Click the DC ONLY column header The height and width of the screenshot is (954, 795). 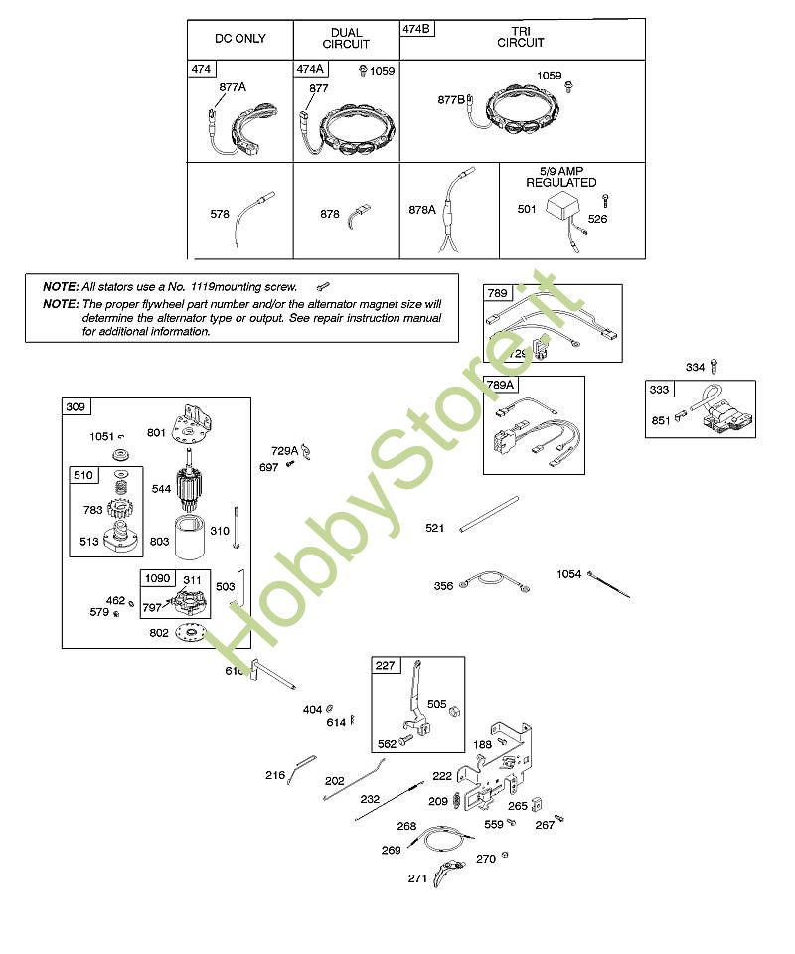[x=239, y=39]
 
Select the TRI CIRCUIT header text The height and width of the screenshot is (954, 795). [x=521, y=38]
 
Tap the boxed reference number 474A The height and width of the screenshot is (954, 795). [x=310, y=69]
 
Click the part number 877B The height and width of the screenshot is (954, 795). [x=451, y=99]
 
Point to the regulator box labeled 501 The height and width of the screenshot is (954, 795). [x=562, y=210]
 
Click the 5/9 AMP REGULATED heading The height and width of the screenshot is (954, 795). [x=560, y=177]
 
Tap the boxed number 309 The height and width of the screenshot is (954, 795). [x=76, y=406]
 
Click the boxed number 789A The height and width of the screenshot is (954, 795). [x=500, y=385]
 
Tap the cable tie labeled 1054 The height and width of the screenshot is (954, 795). [x=608, y=586]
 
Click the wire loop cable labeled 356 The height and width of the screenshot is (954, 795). [x=492, y=582]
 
